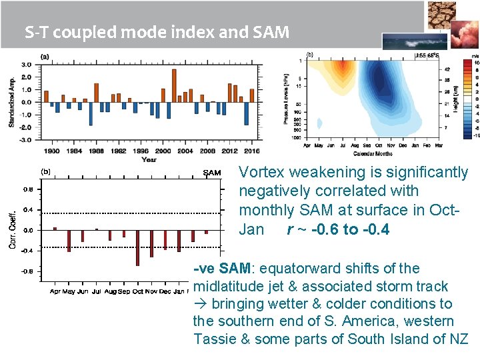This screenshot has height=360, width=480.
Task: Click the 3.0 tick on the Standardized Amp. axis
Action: tap(26, 65)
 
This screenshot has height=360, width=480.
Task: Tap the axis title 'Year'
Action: tap(149, 159)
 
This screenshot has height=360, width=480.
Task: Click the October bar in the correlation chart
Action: tap(137, 247)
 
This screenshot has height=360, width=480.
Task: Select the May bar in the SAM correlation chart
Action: tap(69, 241)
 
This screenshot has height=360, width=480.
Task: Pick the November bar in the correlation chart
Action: tap(151, 243)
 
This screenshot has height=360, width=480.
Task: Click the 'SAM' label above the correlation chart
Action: tap(211, 173)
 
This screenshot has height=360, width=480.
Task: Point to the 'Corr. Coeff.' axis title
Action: tap(13, 230)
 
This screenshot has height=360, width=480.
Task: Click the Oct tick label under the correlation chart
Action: tap(138, 292)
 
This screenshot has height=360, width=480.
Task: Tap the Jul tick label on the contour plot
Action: tap(341, 145)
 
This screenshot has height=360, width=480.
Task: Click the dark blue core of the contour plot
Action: tap(383, 83)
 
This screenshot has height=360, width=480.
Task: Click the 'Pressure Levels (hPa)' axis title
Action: tap(286, 99)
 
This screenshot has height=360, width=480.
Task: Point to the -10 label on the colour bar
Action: tap(476, 135)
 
